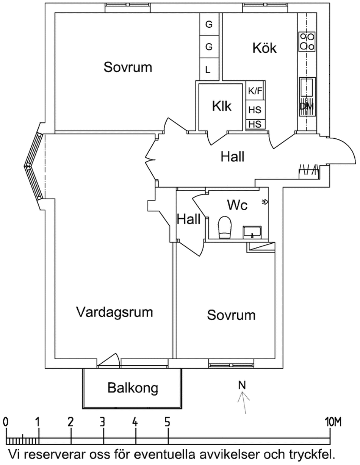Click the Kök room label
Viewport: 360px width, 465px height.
pos(265,48)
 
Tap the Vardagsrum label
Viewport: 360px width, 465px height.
pos(114,312)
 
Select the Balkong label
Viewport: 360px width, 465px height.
pos(132,388)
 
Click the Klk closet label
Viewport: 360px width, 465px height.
pos(222,106)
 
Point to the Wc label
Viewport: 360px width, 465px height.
pos(237,205)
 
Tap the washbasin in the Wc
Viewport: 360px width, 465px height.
pos(251,231)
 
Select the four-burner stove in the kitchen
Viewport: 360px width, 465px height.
pos(307,41)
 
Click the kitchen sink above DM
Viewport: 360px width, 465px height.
pos(307,88)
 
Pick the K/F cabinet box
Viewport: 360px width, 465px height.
pos(255,91)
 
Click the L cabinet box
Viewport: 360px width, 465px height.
pos(208,70)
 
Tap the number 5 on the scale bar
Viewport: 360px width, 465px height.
pos(167,421)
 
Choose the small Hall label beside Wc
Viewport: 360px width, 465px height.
pos(189,219)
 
